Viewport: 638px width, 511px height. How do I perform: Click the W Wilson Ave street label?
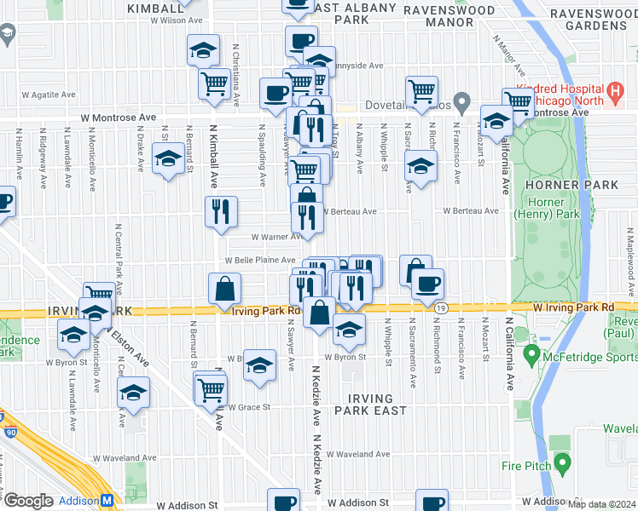point(177,19)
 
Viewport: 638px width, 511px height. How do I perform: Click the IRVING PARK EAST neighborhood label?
point(370,405)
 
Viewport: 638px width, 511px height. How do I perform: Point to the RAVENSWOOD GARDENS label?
point(589,20)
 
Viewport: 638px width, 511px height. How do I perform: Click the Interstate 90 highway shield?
point(3,417)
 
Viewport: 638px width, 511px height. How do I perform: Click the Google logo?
point(27,502)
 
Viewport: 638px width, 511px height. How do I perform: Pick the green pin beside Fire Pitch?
point(561,463)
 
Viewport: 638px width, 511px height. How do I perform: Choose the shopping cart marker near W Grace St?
point(210,390)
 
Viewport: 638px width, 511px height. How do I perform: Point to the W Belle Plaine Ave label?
point(260,261)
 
